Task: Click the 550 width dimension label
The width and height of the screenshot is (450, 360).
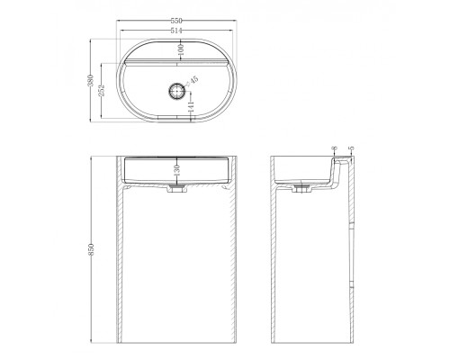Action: (x=176, y=21)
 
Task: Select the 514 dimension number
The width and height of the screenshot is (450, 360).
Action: (x=176, y=31)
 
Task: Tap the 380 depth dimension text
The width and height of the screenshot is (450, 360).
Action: (x=91, y=80)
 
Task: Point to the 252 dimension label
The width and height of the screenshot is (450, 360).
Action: (x=102, y=90)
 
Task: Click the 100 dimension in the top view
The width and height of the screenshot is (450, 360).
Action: (x=180, y=50)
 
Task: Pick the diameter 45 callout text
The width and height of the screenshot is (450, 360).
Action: (x=193, y=81)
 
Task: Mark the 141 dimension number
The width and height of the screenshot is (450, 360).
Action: (x=191, y=107)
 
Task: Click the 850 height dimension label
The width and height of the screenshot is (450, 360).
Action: (x=91, y=249)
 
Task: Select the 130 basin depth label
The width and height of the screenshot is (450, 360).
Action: (x=177, y=170)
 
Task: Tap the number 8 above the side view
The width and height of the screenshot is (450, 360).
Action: (x=335, y=148)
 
